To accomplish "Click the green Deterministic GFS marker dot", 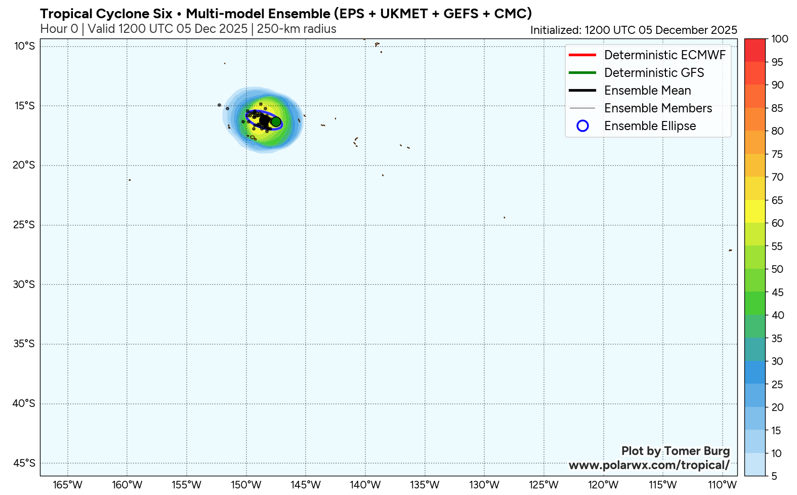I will [276, 121].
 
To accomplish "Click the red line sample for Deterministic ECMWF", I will [582, 55].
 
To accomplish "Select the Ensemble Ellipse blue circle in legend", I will [582, 126].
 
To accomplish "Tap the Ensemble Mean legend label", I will [647, 91].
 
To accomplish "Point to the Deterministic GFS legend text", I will [654, 73].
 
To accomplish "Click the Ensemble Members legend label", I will [658, 108].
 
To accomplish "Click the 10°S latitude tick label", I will [24, 47].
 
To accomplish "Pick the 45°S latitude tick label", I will [24, 463].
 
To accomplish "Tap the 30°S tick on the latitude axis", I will [24, 284].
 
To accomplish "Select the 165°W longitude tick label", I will [67, 485].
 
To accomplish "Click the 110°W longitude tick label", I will [723, 485].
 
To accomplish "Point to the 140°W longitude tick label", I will [365, 485].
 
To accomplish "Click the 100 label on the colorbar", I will [780, 39].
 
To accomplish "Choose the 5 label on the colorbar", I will [774, 476].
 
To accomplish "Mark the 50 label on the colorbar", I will [777, 269].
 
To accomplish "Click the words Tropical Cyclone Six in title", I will [106, 14].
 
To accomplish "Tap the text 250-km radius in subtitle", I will [297, 29].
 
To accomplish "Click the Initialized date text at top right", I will [634, 30].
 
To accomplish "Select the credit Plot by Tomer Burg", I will [675, 451].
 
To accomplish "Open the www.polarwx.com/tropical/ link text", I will [649, 465].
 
